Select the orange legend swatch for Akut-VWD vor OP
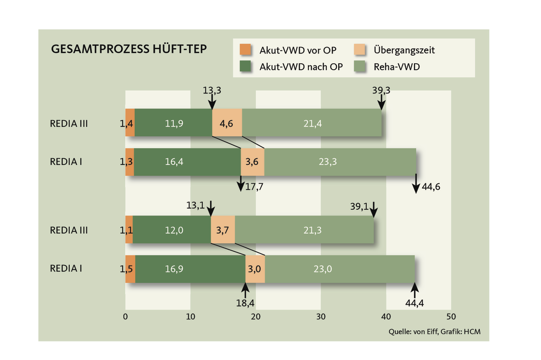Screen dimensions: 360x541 [x=246, y=50]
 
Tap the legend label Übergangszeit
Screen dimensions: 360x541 [x=404, y=50]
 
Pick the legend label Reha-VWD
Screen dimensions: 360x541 [x=397, y=66]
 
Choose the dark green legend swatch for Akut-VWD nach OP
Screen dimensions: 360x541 [x=246, y=66]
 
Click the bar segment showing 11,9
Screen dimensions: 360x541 [x=174, y=123]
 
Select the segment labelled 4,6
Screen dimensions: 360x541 [x=227, y=123]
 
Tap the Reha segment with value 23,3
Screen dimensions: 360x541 [x=340, y=162]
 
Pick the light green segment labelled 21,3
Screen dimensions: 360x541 [x=305, y=230]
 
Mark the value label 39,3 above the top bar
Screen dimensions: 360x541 [x=381, y=90]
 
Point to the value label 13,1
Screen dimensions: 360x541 [x=194, y=205]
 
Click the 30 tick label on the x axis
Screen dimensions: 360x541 [x=321, y=317]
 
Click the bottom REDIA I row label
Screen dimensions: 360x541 [x=65, y=268]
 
